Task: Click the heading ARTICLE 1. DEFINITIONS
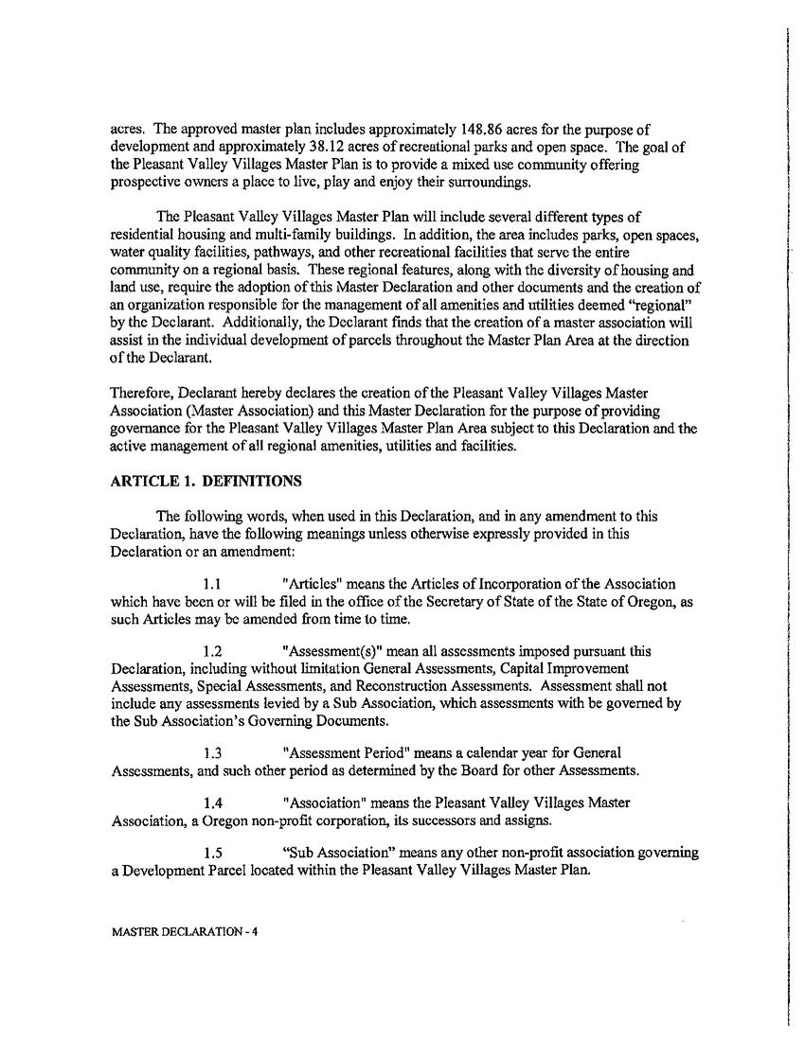pyautogui.click(x=206, y=482)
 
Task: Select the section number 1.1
pyautogui.click(x=213, y=584)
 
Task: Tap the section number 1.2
pyautogui.click(x=213, y=652)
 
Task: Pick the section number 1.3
pyautogui.click(x=213, y=753)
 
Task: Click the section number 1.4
pyautogui.click(x=213, y=803)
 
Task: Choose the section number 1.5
pyautogui.click(x=213, y=853)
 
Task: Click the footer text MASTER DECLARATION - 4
pyautogui.click(x=185, y=931)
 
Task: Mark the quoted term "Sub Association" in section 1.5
pyautogui.click(x=339, y=853)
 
